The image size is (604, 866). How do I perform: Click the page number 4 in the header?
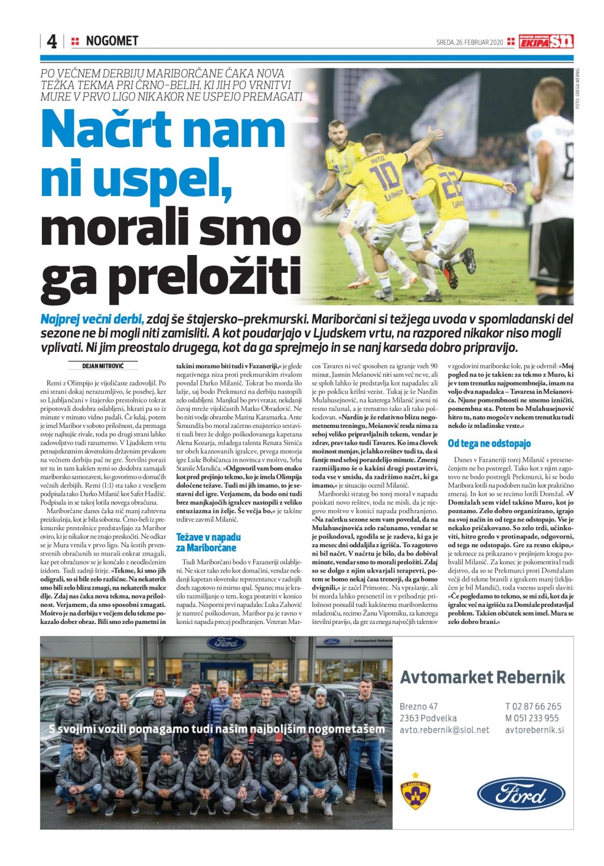(51, 41)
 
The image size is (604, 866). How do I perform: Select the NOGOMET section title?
(112, 41)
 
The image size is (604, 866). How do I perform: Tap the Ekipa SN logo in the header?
(546, 41)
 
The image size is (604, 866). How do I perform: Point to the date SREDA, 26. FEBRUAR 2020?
(469, 43)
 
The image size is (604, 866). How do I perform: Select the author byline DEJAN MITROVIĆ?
(102, 366)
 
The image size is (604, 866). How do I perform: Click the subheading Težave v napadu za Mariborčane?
(208, 542)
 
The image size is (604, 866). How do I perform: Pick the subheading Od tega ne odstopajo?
(489, 443)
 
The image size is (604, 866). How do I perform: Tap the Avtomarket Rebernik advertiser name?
(482, 677)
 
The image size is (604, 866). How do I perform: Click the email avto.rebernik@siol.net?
(444, 730)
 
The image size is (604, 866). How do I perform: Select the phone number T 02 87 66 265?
(533, 706)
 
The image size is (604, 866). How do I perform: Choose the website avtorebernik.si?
(534, 730)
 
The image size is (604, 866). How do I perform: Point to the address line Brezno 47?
(419, 706)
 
